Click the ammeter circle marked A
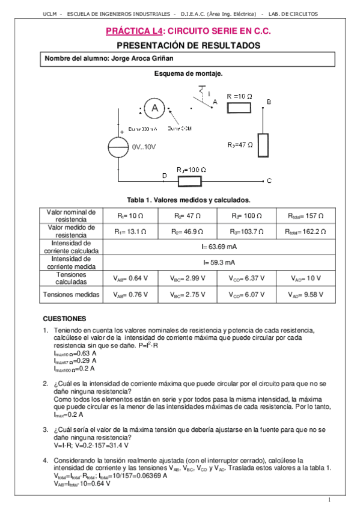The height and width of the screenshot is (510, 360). tap(155, 108)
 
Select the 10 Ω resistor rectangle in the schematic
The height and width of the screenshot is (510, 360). tap(239, 107)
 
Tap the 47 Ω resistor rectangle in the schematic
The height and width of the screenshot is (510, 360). tap(264, 144)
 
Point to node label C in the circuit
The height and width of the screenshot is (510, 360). tap(269, 180)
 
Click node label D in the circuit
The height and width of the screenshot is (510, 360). tap(165, 175)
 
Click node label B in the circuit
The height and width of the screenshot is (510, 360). tap(269, 102)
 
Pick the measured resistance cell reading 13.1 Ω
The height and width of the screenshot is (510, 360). tap(131, 231)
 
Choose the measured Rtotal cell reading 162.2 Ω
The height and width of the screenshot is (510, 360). tap(307, 231)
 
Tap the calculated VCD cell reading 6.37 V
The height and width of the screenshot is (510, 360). tap(248, 278)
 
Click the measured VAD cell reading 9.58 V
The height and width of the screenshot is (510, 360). tap(307, 295)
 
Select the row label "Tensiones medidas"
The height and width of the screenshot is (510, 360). tap(71, 295)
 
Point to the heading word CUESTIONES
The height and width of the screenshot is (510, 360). tap(65, 318)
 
